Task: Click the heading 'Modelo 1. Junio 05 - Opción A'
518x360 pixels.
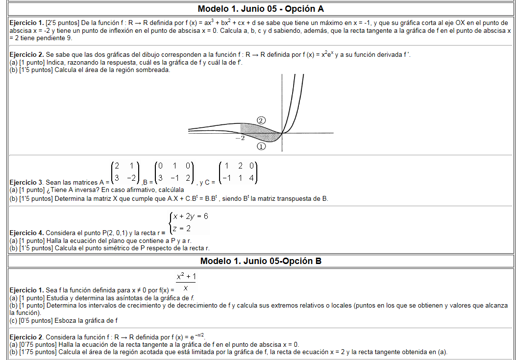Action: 261,9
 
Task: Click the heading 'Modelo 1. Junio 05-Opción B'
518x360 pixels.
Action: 261,261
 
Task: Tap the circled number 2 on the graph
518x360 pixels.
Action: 261,120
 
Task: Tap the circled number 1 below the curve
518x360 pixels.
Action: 261,146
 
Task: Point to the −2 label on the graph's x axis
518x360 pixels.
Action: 240,139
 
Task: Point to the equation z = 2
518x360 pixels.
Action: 182,228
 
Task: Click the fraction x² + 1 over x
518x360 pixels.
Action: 186,283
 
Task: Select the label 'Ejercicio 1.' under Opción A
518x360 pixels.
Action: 26,23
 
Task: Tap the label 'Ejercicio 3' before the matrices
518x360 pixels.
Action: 26,182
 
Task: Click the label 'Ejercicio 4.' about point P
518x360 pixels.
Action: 26,233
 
